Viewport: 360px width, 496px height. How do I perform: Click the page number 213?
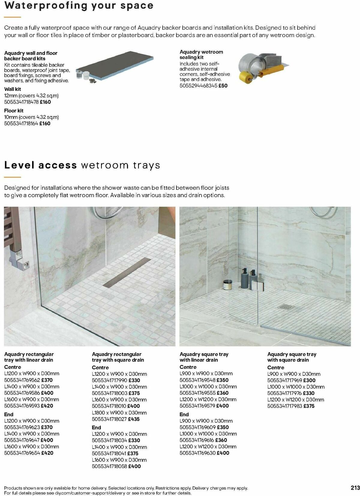(x=355, y=488)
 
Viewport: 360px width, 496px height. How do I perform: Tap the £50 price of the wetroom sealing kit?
(x=223, y=85)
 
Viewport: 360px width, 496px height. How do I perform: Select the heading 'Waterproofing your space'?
(x=79, y=5)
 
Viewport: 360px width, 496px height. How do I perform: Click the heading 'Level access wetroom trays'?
(x=82, y=165)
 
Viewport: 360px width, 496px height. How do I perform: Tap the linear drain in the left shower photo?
(x=127, y=272)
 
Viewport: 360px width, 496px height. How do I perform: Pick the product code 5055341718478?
(x=21, y=102)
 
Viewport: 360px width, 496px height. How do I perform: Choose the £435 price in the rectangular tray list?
(x=134, y=419)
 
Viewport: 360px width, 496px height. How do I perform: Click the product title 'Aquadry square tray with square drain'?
(x=292, y=357)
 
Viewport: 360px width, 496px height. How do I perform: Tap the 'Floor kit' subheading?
(x=14, y=111)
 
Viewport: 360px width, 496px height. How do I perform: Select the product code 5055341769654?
(x=22, y=453)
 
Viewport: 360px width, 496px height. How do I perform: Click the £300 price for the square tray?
(x=309, y=380)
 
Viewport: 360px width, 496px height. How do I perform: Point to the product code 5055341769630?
(x=198, y=453)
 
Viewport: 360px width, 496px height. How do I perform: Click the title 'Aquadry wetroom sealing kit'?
(x=201, y=55)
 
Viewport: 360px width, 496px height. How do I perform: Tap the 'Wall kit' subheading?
(x=13, y=89)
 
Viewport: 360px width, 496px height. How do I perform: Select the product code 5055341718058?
(x=110, y=466)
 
